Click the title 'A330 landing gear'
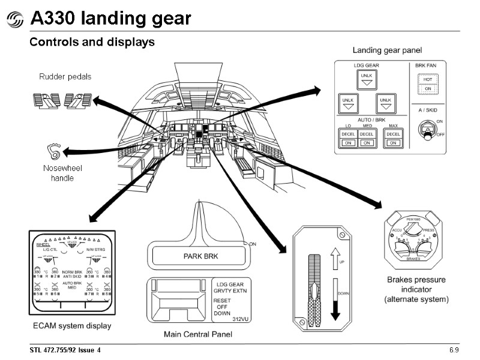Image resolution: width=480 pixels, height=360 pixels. (110, 19)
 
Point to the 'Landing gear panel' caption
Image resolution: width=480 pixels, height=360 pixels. (387, 50)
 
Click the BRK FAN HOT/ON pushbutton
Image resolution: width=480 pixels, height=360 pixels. (428, 84)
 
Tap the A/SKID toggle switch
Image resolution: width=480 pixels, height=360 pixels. (427, 130)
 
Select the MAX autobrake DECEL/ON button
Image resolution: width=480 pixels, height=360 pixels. (393, 138)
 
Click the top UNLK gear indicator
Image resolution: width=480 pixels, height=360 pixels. (365, 80)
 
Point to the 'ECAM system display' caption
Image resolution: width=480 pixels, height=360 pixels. (71, 326)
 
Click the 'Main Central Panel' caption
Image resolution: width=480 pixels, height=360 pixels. (198, 334)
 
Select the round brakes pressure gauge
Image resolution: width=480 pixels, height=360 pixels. (414, 240)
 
